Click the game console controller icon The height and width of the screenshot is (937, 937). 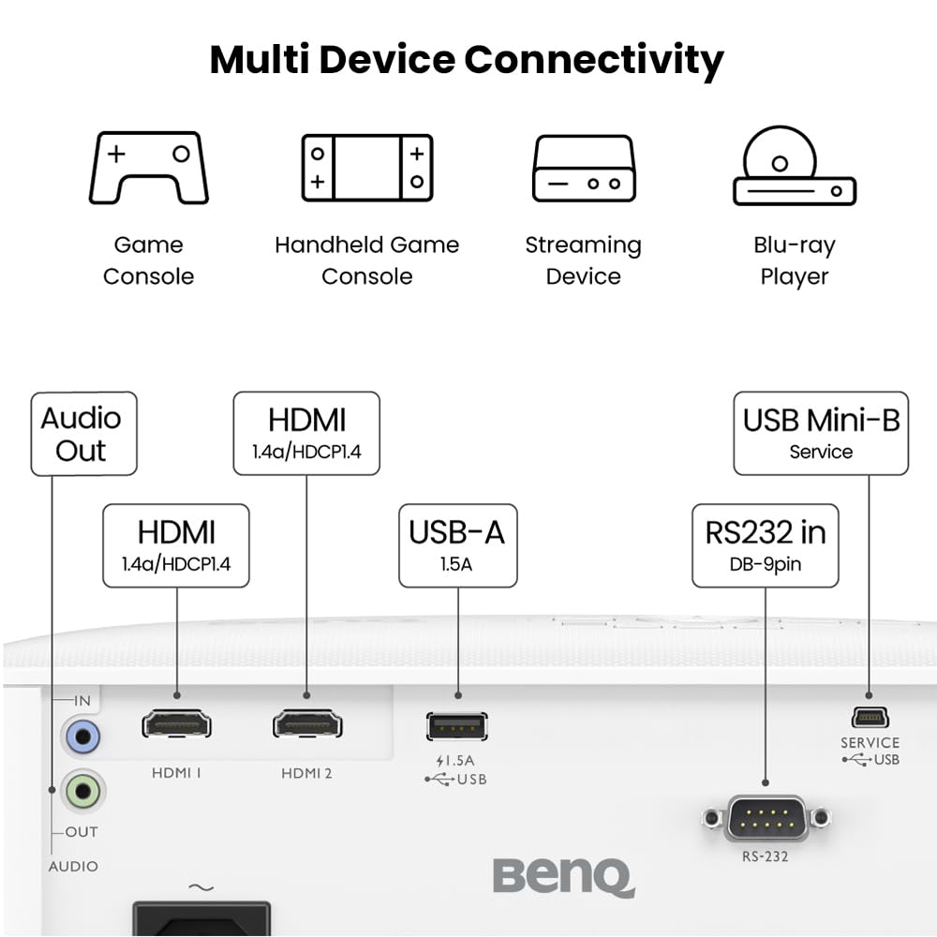coord(148,168)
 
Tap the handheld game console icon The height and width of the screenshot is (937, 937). coord(366,168)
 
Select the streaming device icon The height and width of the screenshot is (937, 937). coord(584,169)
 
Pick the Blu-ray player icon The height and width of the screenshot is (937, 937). coord(794,167)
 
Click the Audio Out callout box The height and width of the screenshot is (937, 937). coord(83,434)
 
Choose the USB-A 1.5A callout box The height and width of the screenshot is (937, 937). coord(457,545)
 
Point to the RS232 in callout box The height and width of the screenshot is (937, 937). coord(766,545)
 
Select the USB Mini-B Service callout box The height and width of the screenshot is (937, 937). coord(821,433)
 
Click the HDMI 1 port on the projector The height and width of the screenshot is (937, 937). coord(176,724)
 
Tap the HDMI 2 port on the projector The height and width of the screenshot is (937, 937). coord(307,724)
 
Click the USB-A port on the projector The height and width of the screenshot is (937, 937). coord(457,726)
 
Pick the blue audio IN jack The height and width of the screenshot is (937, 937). coord(82,736)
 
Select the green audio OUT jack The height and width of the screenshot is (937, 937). coord(82,793)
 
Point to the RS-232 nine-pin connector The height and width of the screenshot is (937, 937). coord(766,818)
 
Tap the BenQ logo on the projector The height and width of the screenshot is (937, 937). coord(563,877)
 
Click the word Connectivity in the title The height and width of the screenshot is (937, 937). coord(594,60)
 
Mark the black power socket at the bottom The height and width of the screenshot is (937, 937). coord(201,918)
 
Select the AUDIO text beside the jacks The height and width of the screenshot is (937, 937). coord(73,867)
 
